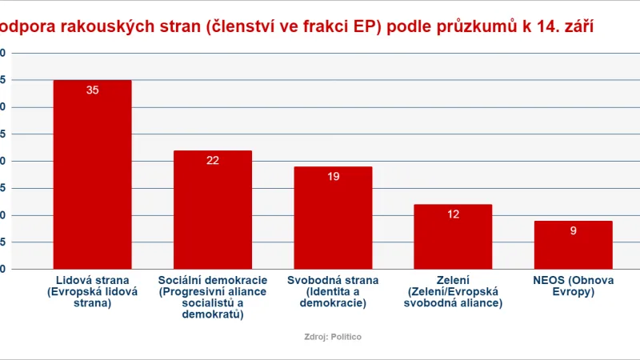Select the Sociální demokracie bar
(x=213, y=210)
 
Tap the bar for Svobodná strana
(x=333, y=218)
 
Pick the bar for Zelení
(x=453, y=237)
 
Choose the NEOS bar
(x=573, y=245)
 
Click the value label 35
(x=92, y=90)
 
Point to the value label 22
(x=213, y=160)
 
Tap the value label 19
(x=333, y=176)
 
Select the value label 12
(x=453, y=214)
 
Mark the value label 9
(x=573, y=230)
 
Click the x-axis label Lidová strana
(x=92, y=292)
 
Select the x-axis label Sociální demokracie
(x=213, y=298)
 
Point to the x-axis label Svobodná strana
(x=333, y=292)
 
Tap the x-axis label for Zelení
(x=453, y=292)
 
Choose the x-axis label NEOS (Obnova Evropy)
(x=573, y=286)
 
